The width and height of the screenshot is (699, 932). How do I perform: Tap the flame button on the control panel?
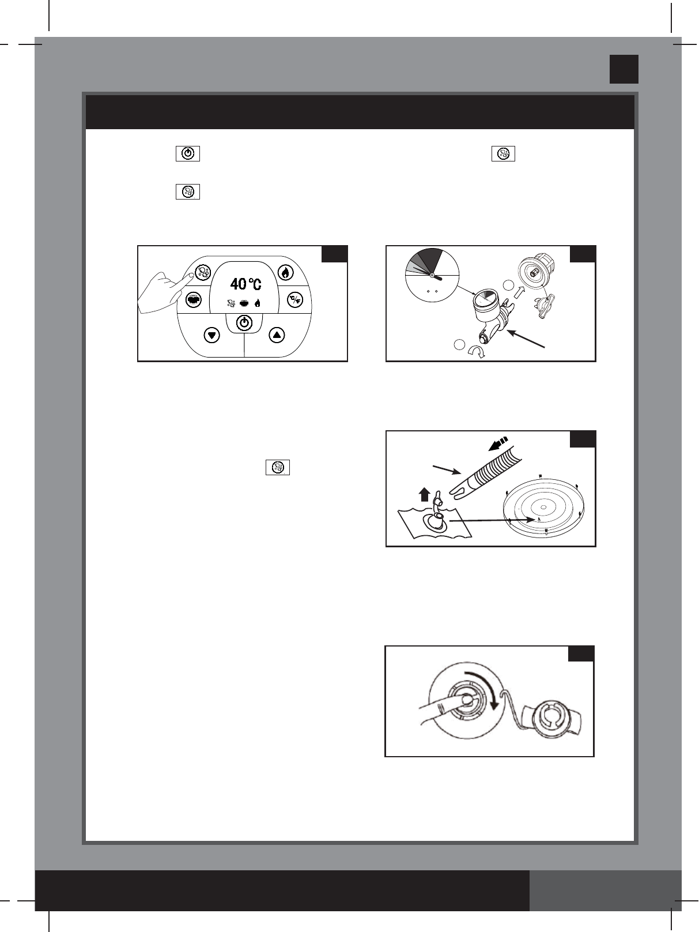(x=286, y=272)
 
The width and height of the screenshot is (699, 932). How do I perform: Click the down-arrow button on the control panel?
(x=211, y=336)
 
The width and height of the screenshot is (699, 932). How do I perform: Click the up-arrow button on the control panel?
(x=277, y=335)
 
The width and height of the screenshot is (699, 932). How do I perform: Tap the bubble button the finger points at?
(x=203, y=272)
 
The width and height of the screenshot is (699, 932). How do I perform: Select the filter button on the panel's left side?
(x=194, y=300)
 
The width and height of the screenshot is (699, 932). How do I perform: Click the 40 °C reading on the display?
(x=245, y=284)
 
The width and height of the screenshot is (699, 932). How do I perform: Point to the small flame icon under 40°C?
(x=258, y=303)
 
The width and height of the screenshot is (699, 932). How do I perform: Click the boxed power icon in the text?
(x=188, y=153)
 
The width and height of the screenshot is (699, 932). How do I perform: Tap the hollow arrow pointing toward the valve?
(x=519, y=292)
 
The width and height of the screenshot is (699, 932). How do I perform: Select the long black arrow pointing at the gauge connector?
(x=526, y=339)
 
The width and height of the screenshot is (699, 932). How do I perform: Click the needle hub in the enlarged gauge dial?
(x=432, y=276)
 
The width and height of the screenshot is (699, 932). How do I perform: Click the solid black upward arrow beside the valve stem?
(x=425, y=495)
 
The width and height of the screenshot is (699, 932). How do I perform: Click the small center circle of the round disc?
(x=543, y=507)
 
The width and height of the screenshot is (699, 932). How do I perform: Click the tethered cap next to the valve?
(x=552, y=717)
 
